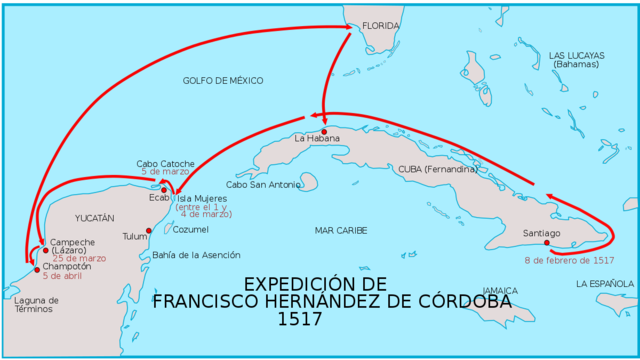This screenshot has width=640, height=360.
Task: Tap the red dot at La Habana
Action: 324,131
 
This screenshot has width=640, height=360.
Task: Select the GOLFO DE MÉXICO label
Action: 223,79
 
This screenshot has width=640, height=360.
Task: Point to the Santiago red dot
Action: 547,242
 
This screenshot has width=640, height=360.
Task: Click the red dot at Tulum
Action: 149,231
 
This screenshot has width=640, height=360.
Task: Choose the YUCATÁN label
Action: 96,217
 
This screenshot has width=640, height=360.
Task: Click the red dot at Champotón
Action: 37,269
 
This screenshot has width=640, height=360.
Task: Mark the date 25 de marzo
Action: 79,258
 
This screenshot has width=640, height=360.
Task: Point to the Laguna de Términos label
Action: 37,305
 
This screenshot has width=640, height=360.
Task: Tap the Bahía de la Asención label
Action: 196,255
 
